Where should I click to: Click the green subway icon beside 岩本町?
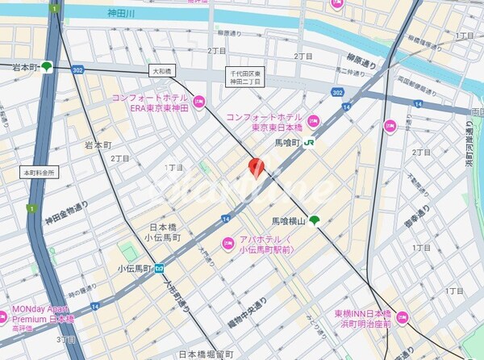[x=48, y=67]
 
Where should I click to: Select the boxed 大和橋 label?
[x=165, y=72]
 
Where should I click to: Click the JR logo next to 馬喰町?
[x=311, y=143]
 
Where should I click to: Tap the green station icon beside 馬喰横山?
[x=314, y=220]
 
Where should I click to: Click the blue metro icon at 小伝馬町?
[x=161, y=267]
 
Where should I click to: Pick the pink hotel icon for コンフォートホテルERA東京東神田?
[x=200, y=103]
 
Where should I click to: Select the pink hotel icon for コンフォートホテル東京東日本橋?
[x=315, y=121]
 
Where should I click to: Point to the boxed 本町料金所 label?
[x=40, y=172]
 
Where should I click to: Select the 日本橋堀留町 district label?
[x=206, y=354]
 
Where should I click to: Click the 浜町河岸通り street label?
[x=470, y=150]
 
